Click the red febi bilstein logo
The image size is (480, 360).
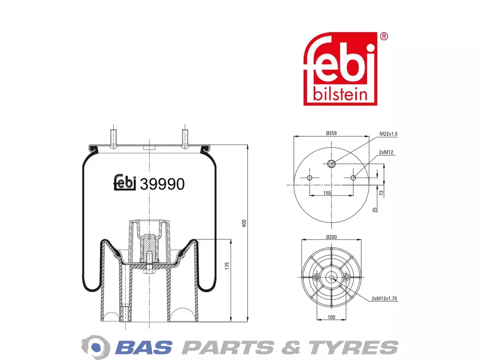coord(340,69)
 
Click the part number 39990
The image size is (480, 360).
coord(162,184)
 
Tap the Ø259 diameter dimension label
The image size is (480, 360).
coord(331,133)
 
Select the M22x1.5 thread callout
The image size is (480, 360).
coord(388,134)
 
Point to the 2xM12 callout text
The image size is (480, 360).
coord(386,152)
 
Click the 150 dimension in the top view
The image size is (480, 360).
coord(327,193)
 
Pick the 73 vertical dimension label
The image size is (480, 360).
coord(381,193)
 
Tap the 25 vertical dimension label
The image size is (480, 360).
coord(375,210)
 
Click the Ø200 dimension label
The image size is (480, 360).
coord(331,237)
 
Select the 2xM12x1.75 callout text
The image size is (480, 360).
coord(384,299)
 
